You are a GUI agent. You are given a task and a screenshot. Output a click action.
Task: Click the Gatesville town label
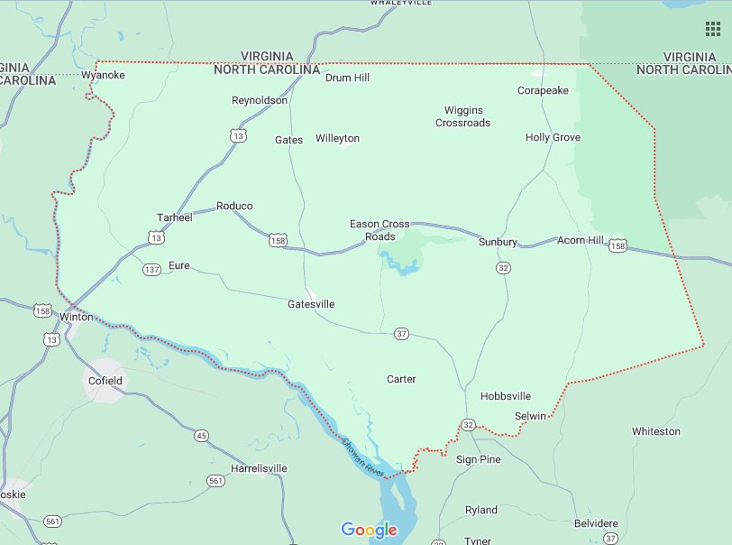[311, 304]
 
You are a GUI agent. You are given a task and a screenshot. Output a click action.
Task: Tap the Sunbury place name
[498, 242]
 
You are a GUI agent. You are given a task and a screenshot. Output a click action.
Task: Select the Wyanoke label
[103, 75]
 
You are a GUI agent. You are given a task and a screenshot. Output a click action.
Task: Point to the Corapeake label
[543, 90]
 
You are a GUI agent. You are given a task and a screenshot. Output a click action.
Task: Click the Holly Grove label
[553, 137]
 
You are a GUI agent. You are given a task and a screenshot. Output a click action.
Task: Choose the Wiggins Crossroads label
[463, 116]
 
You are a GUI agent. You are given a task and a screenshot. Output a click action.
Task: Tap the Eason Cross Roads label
[380, 230]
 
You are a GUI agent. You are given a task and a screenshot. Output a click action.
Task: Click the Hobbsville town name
[506, 396]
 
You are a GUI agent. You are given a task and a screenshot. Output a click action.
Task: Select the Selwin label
[530, 416]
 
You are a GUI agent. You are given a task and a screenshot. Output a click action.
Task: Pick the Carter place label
[401, 379]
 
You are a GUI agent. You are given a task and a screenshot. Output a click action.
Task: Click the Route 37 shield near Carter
[401, 334]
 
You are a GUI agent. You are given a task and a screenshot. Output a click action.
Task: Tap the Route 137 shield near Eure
[151, 269]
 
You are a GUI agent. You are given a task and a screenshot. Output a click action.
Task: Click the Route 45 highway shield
[200, 436]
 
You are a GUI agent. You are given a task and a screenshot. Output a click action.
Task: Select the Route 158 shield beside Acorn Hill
[618, 245]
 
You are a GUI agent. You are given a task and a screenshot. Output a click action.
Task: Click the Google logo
[369, 530]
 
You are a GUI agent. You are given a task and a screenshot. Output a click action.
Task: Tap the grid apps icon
[712, 29]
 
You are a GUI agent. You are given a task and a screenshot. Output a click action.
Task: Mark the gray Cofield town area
[105, 380]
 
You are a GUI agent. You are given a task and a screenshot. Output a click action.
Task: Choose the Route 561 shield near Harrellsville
[215, 481]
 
